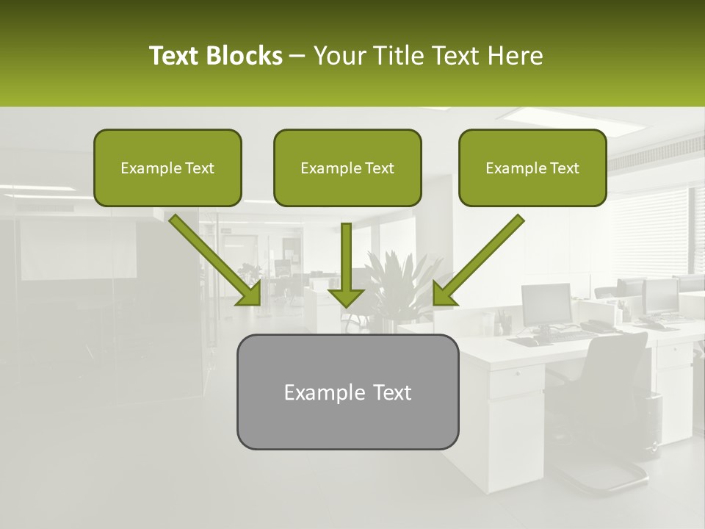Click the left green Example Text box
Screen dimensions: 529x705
coord(167,168)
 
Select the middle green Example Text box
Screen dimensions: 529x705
coord(347,168)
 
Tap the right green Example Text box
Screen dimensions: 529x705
coord(532,168)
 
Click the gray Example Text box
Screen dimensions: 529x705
coord(347,392)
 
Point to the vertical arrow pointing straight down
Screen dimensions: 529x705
coord(346,264)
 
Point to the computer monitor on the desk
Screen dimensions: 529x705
coord(546,304)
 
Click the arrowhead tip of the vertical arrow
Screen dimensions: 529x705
coord(346,305)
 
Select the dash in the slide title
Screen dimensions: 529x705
coord(297,56)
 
